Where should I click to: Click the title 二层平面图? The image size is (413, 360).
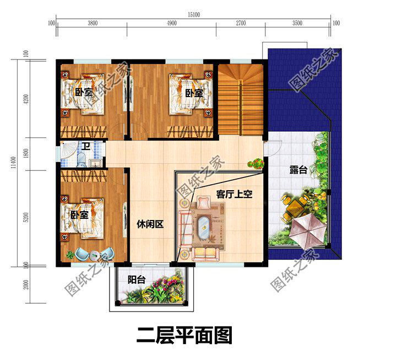184,335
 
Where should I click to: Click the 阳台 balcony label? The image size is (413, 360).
137,280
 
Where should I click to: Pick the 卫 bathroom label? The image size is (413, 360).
86,147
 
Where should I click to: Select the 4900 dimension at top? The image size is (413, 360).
171,23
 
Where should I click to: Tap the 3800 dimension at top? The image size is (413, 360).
93,23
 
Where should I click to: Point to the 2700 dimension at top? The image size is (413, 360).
240,23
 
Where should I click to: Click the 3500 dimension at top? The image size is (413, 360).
297,23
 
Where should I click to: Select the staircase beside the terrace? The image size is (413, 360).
238,99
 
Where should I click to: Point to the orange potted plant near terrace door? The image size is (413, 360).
255,163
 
